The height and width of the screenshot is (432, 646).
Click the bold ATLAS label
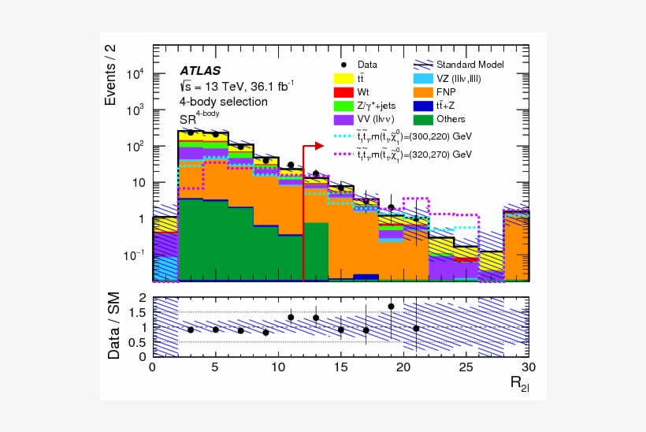200,71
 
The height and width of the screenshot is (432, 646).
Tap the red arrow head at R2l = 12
319,146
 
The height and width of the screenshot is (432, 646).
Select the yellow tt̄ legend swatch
342,78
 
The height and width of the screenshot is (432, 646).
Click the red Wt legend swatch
342,91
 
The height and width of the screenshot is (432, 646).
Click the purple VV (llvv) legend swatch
342,119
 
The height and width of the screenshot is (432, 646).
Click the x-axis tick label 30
528,367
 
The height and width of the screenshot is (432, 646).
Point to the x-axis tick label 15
340,367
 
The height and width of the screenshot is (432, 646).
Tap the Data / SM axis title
113,327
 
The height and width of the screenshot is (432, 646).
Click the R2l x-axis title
518,385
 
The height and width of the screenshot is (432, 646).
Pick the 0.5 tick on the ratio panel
138,341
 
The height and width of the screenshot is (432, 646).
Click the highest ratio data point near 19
391,306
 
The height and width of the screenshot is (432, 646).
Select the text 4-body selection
223,102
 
